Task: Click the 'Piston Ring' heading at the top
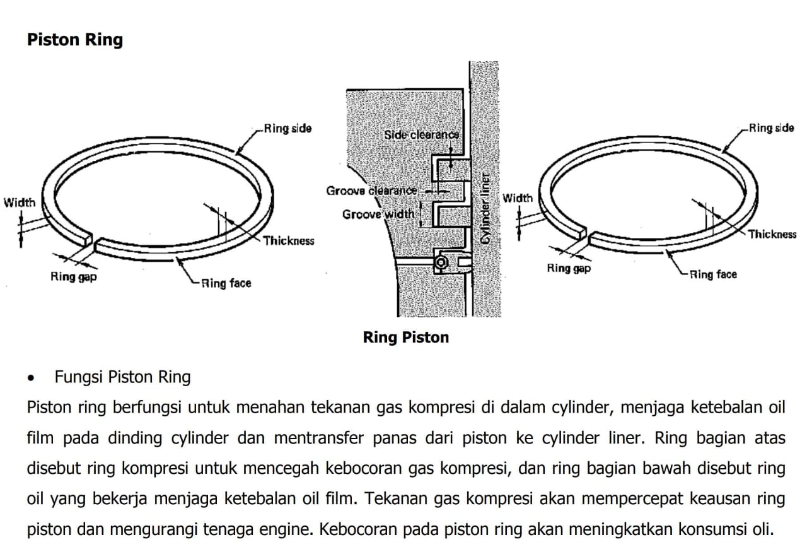75,40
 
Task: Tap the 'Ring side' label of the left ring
288,128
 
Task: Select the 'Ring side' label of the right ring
772,128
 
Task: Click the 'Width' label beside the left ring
20,203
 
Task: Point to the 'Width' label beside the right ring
518,198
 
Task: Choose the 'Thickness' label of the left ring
289,241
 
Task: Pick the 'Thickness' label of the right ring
772,234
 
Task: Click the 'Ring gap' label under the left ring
74,277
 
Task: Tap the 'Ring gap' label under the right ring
569,268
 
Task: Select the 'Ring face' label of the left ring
226,283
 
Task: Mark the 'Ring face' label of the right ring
713,275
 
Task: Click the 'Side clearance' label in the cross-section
422,135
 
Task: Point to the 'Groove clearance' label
371,191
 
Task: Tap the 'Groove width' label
378,215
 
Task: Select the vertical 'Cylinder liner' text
485,208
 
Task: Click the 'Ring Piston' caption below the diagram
406,338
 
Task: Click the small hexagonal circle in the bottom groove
441,262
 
